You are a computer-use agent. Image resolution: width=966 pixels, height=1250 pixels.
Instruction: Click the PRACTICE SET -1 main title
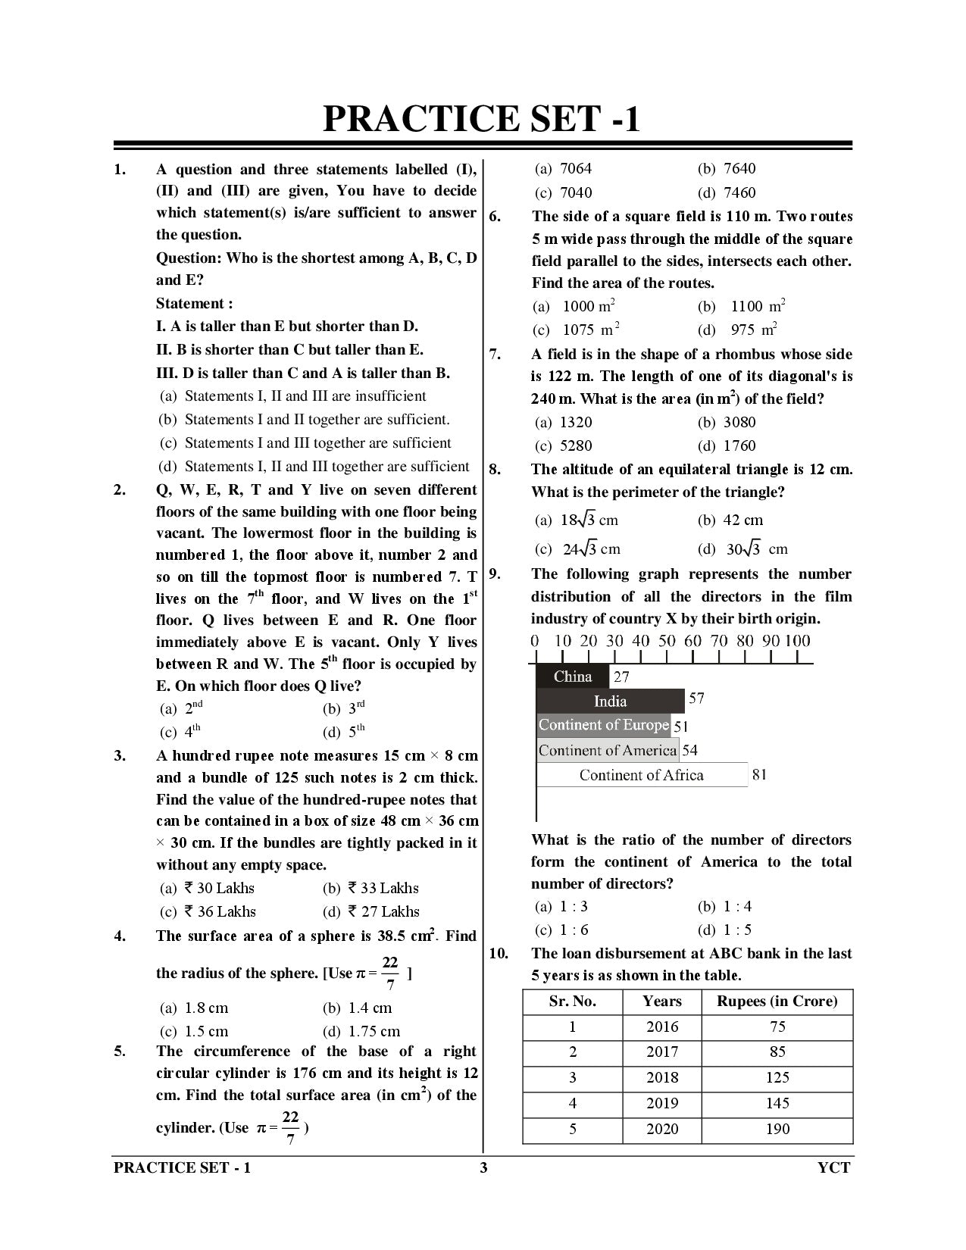482,119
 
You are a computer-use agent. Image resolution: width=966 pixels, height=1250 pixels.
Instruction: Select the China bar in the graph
572,677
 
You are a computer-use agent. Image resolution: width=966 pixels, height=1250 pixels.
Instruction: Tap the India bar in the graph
610,701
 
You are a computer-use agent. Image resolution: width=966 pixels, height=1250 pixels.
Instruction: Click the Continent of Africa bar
641,775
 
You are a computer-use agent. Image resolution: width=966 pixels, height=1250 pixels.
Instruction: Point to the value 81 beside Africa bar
758,774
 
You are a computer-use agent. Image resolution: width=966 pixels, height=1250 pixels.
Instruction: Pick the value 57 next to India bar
696,698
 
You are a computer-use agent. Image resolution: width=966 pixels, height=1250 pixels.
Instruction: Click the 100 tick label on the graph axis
797,641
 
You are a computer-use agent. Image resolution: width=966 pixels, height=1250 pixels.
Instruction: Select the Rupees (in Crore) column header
777,1002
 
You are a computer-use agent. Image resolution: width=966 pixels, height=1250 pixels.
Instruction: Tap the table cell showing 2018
661,1077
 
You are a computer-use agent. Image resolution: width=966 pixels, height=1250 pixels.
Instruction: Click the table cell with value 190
777,1129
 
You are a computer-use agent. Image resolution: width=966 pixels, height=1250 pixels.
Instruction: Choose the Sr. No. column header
572,1002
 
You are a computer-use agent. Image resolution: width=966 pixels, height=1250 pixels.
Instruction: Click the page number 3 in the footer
483,1167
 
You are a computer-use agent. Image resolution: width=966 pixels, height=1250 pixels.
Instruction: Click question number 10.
499,953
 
